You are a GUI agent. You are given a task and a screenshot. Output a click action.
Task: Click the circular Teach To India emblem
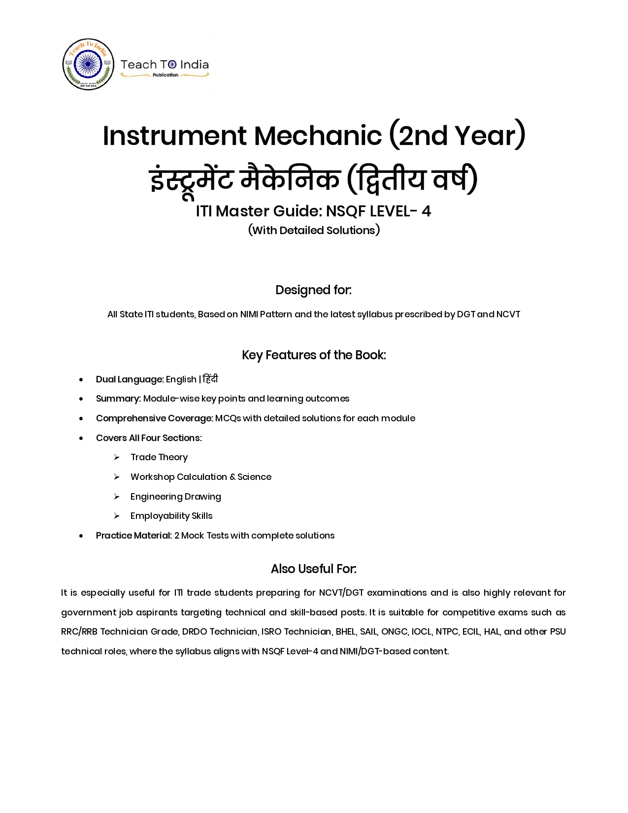click(88, 65)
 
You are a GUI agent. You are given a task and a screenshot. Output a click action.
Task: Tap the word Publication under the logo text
click(165, 75)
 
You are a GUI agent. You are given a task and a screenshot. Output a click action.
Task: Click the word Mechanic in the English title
click(318, 135)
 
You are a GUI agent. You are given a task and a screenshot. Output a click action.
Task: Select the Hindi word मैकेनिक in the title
click(290, 179)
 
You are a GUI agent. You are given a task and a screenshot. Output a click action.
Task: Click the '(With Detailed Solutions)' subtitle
click(314, 230)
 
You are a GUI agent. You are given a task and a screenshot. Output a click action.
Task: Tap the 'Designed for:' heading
click(314, 290)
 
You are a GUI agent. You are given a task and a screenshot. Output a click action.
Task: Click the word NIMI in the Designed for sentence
click(249, 314)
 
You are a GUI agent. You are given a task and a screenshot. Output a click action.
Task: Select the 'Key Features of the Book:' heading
click(314, 355)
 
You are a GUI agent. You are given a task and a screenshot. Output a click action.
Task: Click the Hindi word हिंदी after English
click(210, 379)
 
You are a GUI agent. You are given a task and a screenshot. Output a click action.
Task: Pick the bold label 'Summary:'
click(118, 399)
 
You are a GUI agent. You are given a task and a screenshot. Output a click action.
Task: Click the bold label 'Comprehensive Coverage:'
click(154, 418)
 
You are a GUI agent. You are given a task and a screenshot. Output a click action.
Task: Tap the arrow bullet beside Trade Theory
click(117, 457)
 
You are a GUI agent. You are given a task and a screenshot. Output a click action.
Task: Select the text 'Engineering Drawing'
click(175, 497)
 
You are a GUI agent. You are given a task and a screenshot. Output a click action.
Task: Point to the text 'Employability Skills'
click(171, 516)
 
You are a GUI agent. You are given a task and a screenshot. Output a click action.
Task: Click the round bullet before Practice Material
click(81, 536)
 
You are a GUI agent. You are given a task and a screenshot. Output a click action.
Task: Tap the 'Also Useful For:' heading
click(314, 569)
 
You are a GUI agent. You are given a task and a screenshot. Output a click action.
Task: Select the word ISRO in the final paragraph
click(271, 632)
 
